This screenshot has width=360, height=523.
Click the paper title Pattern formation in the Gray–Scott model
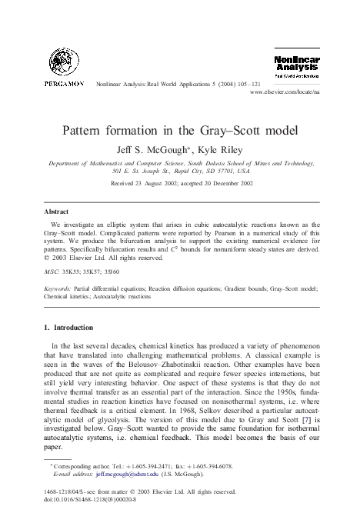coord(180,128)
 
